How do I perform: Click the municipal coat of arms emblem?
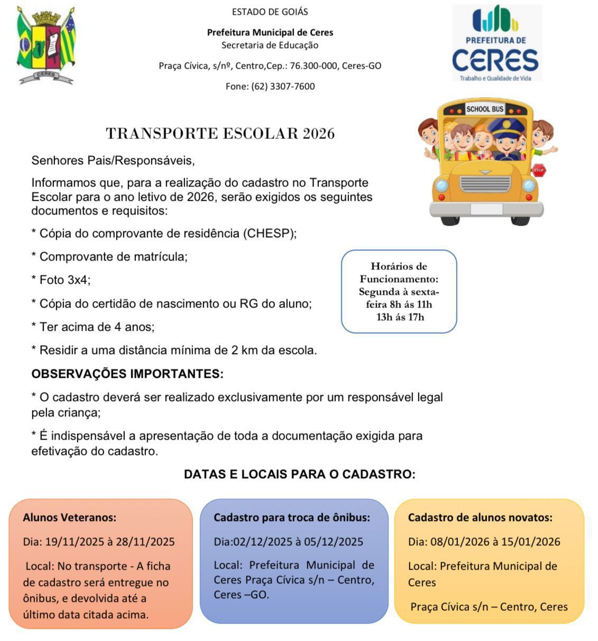click(x=46, y=45)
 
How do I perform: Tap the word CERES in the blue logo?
click(x=495, y=60)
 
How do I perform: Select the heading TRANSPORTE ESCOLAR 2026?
click(x=220, y=133)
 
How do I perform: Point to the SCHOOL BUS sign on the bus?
click(x=484, y=109)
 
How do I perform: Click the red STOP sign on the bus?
click(x=538, y=170)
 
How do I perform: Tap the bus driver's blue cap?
click(x=505, y=126)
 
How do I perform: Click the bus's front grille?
click(x=485, y=183)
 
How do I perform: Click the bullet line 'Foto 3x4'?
click(x=61, y=280)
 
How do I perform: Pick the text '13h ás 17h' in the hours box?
click(x=400, y=317)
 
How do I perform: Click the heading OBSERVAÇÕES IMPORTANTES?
click(x=127, y=374)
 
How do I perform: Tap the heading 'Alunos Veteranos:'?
click(x=69, y=517)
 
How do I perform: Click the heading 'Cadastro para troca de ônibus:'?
click(x=291, y=517)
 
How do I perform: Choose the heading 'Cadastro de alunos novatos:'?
click(x=480, y=517)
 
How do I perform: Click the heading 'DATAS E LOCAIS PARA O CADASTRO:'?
click(x=299, y=474)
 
